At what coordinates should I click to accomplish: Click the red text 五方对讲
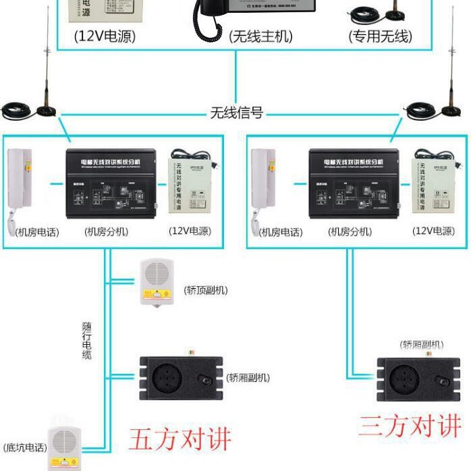click(180, 439)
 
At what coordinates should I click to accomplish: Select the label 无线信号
click(236, 113)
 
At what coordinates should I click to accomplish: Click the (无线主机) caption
click(261, 36)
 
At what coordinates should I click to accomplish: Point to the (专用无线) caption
click(380, 36)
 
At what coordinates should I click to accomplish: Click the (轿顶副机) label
click(206, 290)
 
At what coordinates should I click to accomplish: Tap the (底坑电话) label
click(25, 447)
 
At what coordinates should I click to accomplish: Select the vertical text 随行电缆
click(87, 340)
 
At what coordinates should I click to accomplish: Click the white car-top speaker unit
click(157, 282)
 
